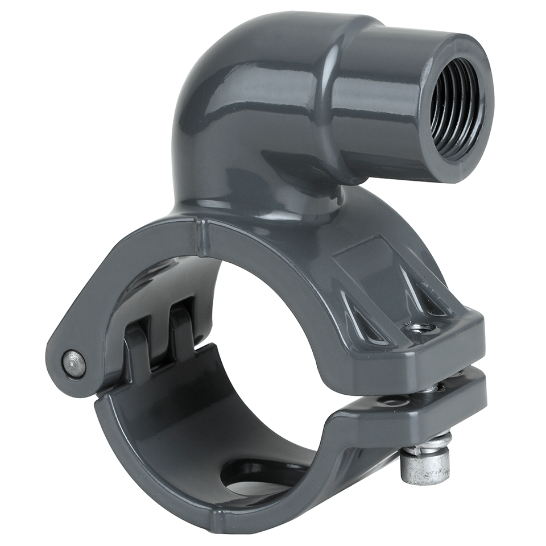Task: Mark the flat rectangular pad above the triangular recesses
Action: click(370, 267)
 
